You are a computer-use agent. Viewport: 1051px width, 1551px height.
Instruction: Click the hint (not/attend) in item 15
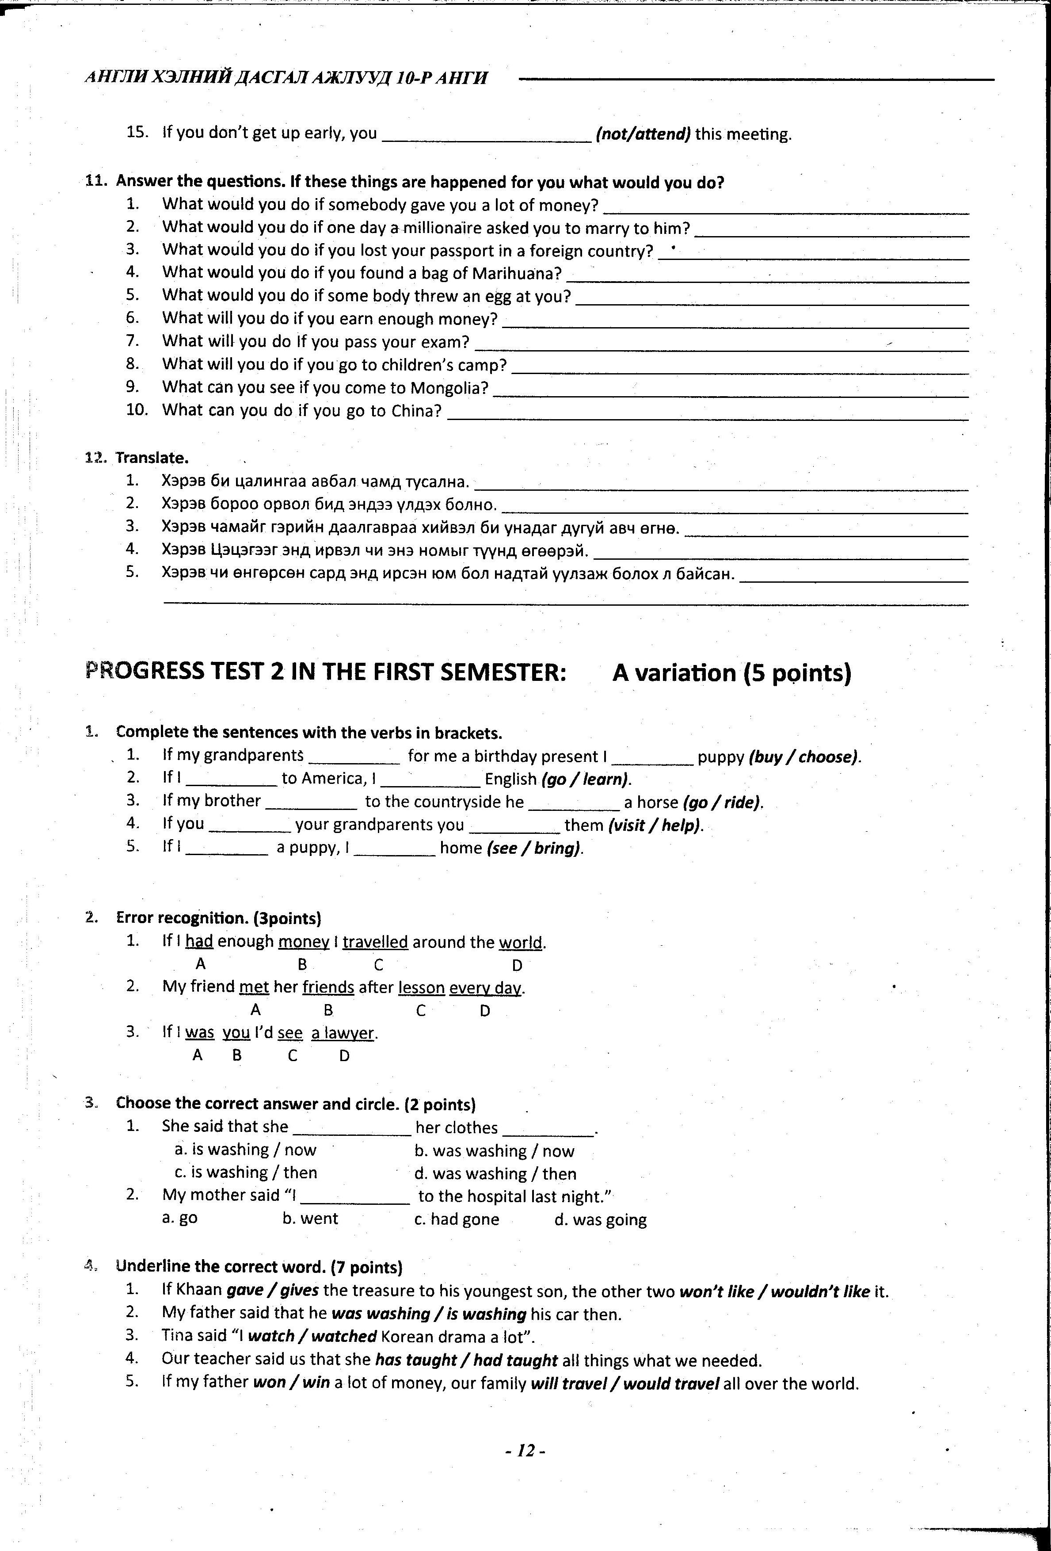coord(643,134)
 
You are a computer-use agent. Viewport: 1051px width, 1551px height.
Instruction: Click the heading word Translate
coord(152,458)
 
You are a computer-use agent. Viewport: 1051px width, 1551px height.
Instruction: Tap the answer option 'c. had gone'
coord(457,1219)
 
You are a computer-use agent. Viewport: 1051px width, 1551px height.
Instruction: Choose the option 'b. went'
coord(310,1219)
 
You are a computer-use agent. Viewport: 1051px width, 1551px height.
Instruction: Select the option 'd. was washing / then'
coord(495,1173)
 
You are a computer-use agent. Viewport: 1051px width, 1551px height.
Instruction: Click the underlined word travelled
coord(375,942)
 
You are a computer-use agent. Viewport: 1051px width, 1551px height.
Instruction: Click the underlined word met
coord(254,987)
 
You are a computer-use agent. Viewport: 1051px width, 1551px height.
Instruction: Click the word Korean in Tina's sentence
coord(409,1337)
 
